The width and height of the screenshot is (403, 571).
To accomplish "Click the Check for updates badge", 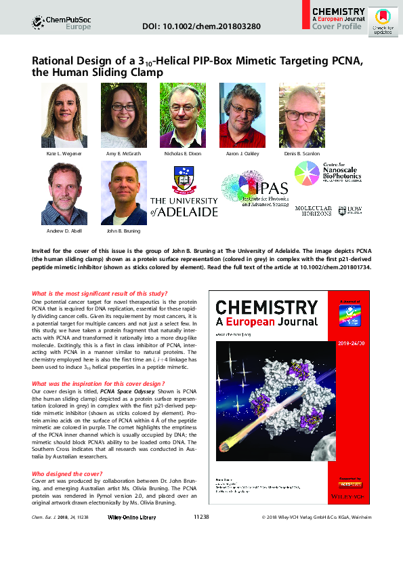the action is pos(383,22).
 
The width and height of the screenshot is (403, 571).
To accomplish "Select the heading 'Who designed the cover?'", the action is pos(66,473).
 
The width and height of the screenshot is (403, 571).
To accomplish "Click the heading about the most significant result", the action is pos(100,294).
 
